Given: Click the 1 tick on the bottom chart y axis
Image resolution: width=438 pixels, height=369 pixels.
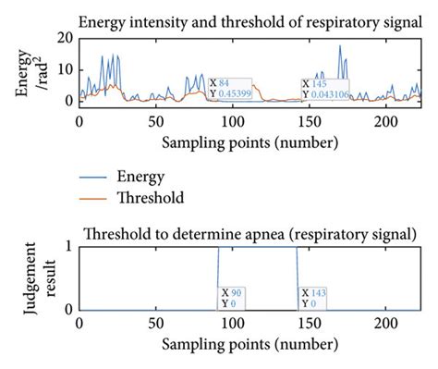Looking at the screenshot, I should point(67,246).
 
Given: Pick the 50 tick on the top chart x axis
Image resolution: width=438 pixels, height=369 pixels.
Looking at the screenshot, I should point(157,120).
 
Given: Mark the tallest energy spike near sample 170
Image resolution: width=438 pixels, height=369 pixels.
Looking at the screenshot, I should point(340,46).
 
